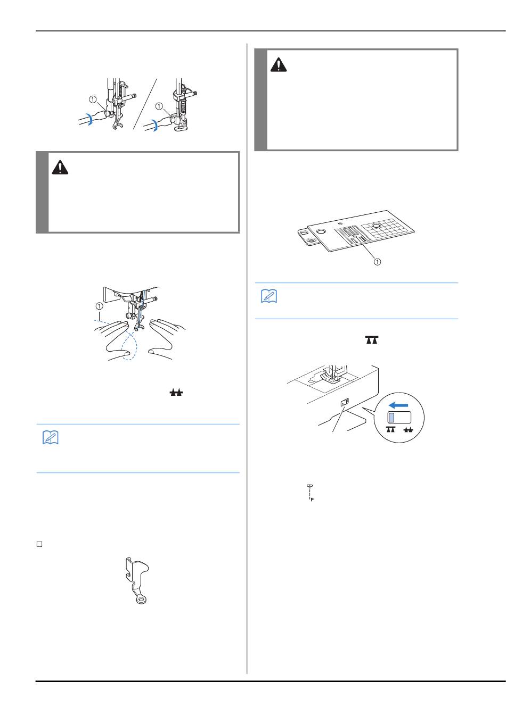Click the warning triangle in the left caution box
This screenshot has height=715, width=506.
[60, 168]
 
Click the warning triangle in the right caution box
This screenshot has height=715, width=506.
[279, 65]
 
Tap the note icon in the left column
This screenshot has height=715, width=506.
[51, 437]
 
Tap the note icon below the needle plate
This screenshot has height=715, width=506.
[269, 296]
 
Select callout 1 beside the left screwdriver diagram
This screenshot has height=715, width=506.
[93, 99]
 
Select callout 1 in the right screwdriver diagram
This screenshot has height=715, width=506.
[159, 106]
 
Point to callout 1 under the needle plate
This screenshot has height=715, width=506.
[378, 262]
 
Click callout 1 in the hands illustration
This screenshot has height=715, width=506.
[100, 306]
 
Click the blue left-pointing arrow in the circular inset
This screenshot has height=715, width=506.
[398, 405]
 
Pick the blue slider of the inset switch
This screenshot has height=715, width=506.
[391, 418]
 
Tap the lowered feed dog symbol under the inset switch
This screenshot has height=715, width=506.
[391, 429]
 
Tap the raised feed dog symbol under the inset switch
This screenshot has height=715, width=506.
[409, 430]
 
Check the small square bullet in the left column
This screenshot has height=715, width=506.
[39, 544]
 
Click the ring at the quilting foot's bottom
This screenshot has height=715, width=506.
[141, 601]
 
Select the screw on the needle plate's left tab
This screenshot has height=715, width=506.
[309, 240]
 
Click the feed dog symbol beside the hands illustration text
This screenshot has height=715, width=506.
[176, 393]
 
